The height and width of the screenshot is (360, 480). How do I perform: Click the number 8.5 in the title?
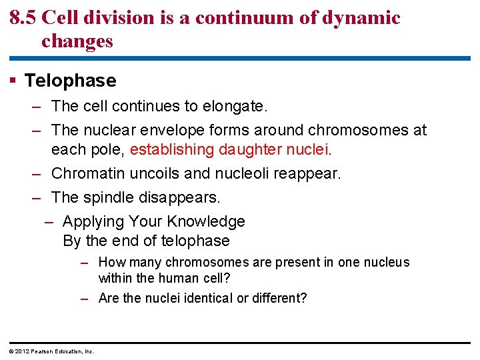[23, 18]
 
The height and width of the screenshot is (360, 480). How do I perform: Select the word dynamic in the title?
[363, 18]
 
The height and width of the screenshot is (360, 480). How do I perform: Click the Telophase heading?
[70, 81]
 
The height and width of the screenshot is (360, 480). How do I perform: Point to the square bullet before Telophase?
[14, 81]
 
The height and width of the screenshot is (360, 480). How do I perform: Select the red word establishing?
[171, 149]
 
